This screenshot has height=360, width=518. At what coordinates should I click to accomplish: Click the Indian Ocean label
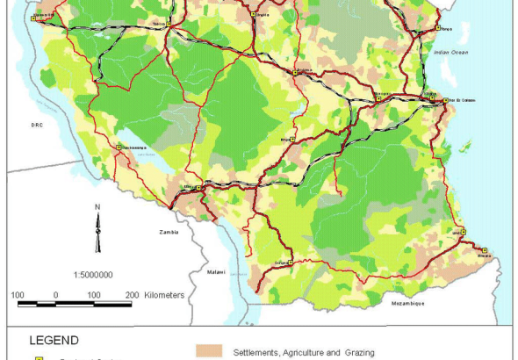pos(451,52)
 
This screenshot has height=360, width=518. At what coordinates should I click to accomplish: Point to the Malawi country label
pos(216,271)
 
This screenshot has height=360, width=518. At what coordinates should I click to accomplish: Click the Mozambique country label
pos(406,303)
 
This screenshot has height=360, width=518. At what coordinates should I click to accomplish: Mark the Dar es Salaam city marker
pos(445,101)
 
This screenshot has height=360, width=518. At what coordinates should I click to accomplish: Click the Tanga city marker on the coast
pos(437,29)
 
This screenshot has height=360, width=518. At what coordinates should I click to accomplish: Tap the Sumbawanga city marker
pos(118,148)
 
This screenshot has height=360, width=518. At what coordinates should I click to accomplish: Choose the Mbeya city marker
pos(200,188)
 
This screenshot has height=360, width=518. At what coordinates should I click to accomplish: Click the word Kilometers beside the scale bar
pos(164,295)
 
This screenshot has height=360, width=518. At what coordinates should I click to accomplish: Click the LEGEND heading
pos(54,340)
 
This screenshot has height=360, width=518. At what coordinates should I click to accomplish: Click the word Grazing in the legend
pos(356,353)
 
